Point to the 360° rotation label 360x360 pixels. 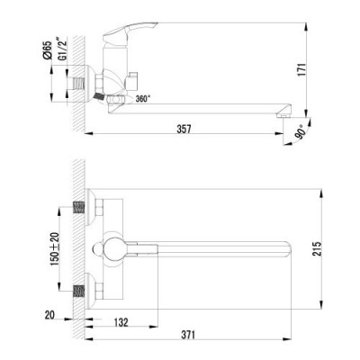pyautogui.click(x=143, y=98)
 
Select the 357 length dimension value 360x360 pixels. pyautogui.click(x=185, y=130)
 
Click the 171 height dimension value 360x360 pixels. pyautogui.click(x=308, y=67)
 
